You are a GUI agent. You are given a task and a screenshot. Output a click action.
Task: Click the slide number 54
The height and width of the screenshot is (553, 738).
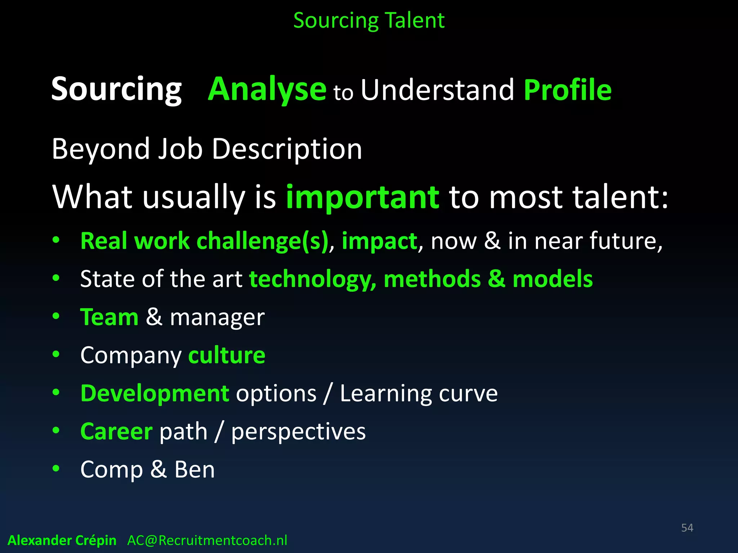pyautogui.click(x=687, y=528)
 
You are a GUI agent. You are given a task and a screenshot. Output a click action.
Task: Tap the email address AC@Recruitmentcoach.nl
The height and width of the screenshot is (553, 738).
pyautogui.click(x=207, y=540)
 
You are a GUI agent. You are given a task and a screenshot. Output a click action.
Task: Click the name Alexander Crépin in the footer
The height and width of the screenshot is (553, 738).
pyautogui.click(x=62, y=540)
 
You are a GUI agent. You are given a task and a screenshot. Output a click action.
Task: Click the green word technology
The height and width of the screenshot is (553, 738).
pyautogui.click(x=312, y=279)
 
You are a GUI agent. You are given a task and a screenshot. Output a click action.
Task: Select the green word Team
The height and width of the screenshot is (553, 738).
pyautogui.click(x=109, y=317)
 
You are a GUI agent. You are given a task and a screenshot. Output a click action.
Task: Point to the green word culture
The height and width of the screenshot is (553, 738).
pyautogui.click(x=227, y=355)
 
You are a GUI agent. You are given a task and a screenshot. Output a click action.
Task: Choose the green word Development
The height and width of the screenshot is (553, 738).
pyautogui.click(x=155, y=393)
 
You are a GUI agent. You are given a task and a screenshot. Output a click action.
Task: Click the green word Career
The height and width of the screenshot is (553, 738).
pyautogui.click(x=116, y=431)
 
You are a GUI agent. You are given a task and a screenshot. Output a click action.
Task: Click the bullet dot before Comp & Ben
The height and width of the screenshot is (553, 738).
pyautogui.click(x=56, y=468)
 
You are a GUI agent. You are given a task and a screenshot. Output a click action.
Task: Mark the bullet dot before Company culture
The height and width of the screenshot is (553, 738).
pyautogui.click(x=56, y=354)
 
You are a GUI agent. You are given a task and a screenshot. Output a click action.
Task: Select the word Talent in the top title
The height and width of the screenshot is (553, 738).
pyautogui.click(x=415, y=20)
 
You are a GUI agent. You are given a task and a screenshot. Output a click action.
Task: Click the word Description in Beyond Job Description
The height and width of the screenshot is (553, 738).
pyautogui.click(x=287, y=149)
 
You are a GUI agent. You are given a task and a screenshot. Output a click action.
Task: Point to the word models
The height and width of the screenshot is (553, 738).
pyautogui.click(x=552, y=279)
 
